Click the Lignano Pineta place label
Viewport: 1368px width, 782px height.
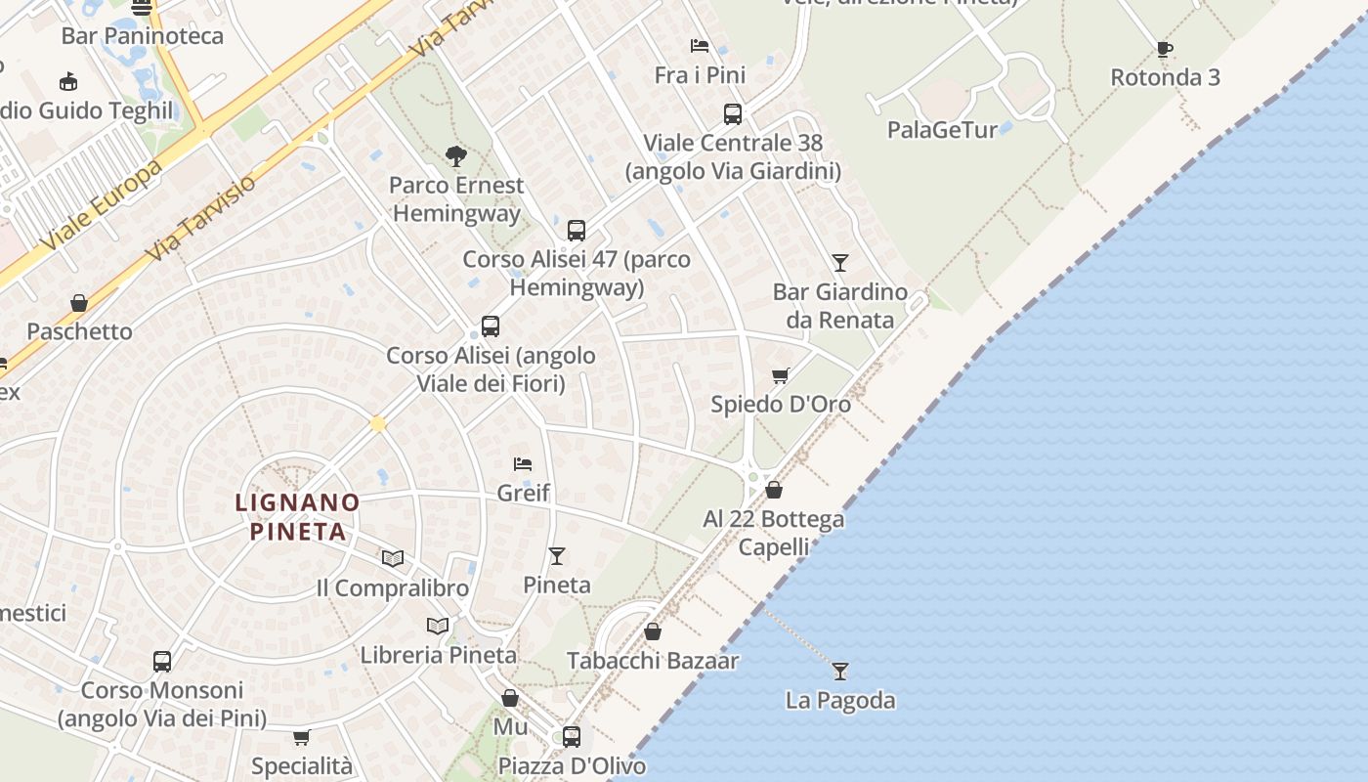tap(298, 517)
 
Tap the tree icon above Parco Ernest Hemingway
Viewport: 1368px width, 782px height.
tap(455, 155)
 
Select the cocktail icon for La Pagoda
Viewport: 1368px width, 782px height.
tap(840, 672)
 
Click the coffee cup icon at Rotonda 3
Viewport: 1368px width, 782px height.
tap(1164, 49)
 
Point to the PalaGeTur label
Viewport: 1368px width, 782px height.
tap(943, 129)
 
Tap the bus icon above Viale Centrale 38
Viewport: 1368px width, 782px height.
tap(733, 114)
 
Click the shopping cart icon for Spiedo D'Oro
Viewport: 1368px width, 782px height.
tap(780, 376)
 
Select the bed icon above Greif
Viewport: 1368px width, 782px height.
tap(523, 463)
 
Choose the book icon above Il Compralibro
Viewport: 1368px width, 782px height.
tap(393, 558)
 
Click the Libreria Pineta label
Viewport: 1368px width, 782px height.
tap(439, 655)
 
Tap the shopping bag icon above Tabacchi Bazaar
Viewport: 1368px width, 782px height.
tap(653, 632)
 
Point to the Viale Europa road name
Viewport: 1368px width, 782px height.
tap(102, 205)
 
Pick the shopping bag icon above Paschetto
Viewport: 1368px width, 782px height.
tap(79, 303)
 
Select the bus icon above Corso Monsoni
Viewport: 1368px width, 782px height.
tap(162, 662)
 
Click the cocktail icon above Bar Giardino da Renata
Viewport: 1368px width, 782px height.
tap(840, 262)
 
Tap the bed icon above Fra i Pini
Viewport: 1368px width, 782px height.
tap(700, 46)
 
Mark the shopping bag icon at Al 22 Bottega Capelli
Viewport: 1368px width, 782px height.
tap(774, 490)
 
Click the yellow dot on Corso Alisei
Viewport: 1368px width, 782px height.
tap(378, 424)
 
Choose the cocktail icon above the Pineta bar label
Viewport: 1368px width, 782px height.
tap(557, 556)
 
